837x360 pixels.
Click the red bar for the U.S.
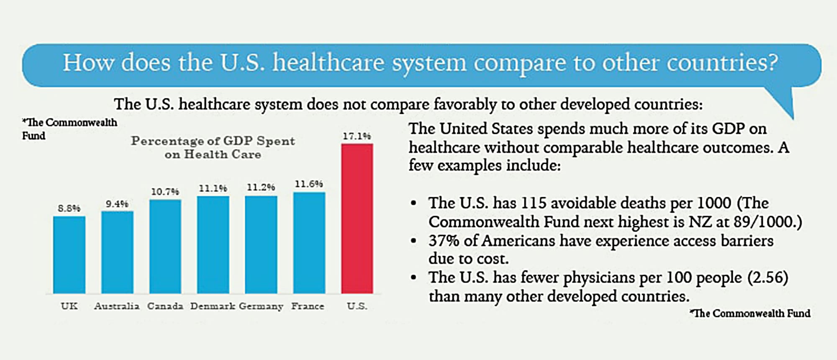click(357, 219)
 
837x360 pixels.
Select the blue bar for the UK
click(69, 255)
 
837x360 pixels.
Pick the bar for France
click(309, 243)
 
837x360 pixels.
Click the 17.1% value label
click(357, 136)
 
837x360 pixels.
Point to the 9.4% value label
click(117, 204)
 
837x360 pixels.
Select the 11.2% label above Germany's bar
click(261, 187)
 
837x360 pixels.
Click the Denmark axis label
click(213, 306)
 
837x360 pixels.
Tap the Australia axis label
click(117, 306)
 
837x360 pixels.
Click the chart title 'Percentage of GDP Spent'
click(213, 141)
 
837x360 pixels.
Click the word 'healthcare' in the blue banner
click(329, 63)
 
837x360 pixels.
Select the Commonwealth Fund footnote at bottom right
click(750, 313)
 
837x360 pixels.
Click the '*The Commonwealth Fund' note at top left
click(69, 129)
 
